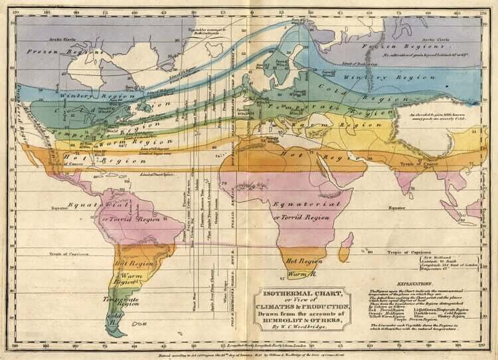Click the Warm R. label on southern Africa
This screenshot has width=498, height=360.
pyautogui.click(x=301, y=274)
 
